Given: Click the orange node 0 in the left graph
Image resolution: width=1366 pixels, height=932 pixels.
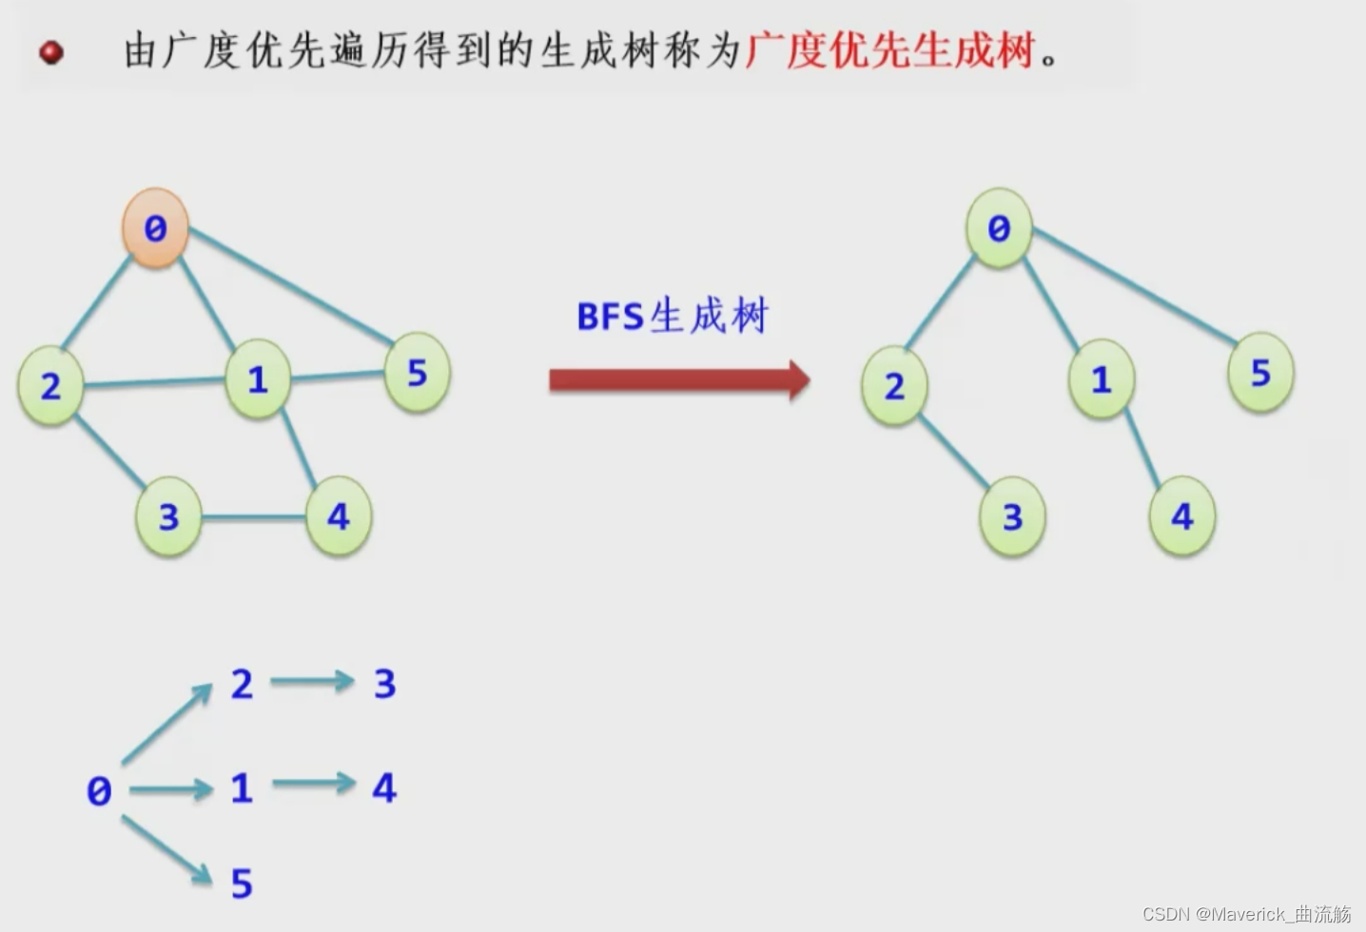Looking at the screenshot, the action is [155, 227].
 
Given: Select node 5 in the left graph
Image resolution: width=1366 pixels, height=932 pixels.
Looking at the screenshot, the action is [417, 373].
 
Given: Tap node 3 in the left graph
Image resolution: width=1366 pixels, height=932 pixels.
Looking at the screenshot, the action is [168, 516].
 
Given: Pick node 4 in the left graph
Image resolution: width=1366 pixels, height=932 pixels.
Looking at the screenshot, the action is [338, 516].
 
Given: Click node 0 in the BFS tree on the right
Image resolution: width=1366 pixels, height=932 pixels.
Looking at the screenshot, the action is [999, 227].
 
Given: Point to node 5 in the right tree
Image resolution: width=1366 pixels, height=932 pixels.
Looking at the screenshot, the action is [1260, 373].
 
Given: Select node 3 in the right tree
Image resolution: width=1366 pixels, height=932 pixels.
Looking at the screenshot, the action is [1012, 516].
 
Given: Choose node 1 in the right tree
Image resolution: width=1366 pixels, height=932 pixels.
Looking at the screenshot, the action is [1102, 379].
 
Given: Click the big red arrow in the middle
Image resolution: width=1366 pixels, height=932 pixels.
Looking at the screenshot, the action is [678, 380].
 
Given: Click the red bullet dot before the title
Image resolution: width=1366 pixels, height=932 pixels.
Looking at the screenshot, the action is [51, 51].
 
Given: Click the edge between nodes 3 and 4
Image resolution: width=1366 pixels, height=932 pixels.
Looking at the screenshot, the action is [253, 517].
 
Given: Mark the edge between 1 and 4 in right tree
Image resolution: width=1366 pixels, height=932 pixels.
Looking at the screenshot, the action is [1142, 447].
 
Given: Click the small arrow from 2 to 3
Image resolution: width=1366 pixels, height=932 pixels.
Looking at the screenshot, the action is [311, 681].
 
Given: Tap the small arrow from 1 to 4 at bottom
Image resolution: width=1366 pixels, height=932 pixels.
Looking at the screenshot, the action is [313, 784].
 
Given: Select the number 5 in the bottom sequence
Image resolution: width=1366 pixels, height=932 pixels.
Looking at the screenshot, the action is [242, 883].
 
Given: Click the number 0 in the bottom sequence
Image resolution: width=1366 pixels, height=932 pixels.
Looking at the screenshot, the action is [99, 791].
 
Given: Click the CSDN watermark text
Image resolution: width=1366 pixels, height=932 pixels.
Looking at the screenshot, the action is [1246, 914].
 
